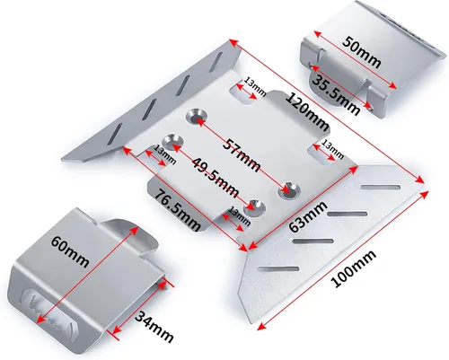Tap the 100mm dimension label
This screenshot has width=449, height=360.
click(x=353, y=268)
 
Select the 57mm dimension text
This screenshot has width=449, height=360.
click(x=242, y=155)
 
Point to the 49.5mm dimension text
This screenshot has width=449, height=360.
click(x=216, y=177)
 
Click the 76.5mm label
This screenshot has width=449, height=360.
click(x=177, y=210)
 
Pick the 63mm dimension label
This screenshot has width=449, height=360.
click(x=308, y=216)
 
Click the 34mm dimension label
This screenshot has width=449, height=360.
click(x=154, y=327)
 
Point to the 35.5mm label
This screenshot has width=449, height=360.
click(x=336, y=92)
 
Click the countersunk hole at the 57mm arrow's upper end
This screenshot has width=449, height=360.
click(x=196, y=116)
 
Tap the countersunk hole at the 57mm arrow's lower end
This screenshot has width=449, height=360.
click(x=289, y=190)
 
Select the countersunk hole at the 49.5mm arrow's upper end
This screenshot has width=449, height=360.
click(x=173, y=141)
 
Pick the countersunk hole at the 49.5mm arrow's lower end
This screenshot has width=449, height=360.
click(x=255, y=207)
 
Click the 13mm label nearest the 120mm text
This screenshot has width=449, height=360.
click(x=255, y=86)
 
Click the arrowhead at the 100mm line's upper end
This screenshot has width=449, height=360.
click(x=425, y=194)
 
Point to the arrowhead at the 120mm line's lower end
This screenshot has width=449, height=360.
click(x=420, y=180)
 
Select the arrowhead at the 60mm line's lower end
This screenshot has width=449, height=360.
click(x=40, y=320)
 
